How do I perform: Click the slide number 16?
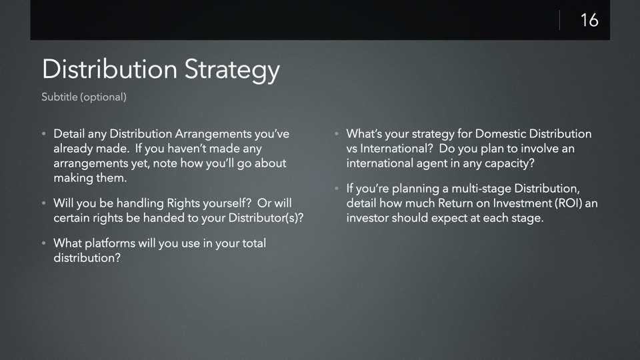[x=589, y=20]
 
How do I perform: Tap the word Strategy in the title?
[x=232, y=69]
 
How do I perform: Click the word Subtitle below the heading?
[x=59, y=97]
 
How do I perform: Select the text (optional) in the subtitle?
[x=104, y=97]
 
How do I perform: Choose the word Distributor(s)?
[x=266, y=217]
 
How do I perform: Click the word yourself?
[x=227, y=203]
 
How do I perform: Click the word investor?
[x=368, y=217]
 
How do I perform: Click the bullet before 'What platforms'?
[x=44, y=243]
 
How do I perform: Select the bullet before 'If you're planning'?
[x=337, y=189]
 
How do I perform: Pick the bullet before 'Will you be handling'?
[x=44, y=203]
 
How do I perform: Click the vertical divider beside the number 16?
[x=559, y=20]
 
